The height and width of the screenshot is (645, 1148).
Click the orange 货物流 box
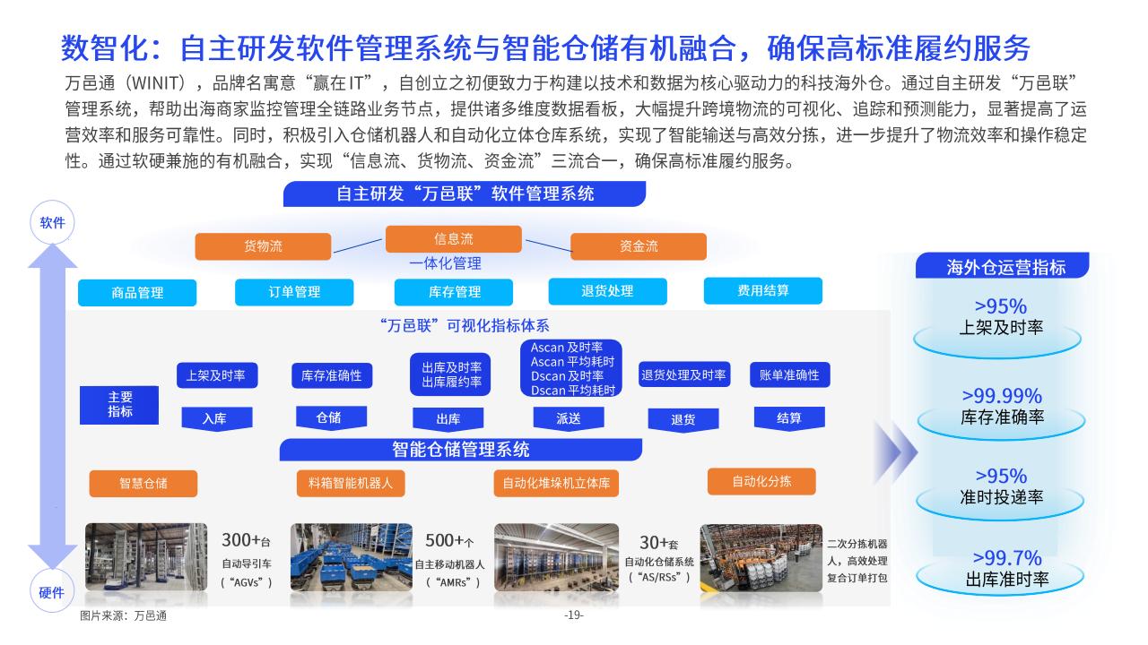tap(263, 246)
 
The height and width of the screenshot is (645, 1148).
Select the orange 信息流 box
tap(454, 238)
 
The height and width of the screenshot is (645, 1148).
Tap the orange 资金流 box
tap(639, 246)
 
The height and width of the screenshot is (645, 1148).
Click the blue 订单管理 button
tap(294, 292)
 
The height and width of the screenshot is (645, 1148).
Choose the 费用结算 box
tap(763, 291)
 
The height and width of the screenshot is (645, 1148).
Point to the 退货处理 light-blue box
tap(608, 291)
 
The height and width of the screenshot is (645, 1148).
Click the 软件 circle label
tap(52, 223)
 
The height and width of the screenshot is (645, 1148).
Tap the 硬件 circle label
tap(52, 592)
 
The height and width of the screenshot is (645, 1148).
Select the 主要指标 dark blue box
tap(119, 405)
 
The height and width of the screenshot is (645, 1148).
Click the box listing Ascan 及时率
tap(571, 368)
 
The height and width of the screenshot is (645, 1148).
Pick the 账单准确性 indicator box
tap(790, 375)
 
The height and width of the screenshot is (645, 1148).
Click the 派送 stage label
tap(569, 418)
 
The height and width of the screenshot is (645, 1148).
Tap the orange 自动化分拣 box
tap(761, 481)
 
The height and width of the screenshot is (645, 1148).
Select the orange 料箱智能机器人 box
tap(351, 483)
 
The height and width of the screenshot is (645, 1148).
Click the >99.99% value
tap(1002, 396)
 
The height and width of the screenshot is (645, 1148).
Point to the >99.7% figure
tap(1007, 557)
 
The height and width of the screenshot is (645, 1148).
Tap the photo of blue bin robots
tap(352, 557)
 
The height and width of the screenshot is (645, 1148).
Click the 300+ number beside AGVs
tap(241, 539)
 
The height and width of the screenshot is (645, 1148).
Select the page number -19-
tap(574, 615)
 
